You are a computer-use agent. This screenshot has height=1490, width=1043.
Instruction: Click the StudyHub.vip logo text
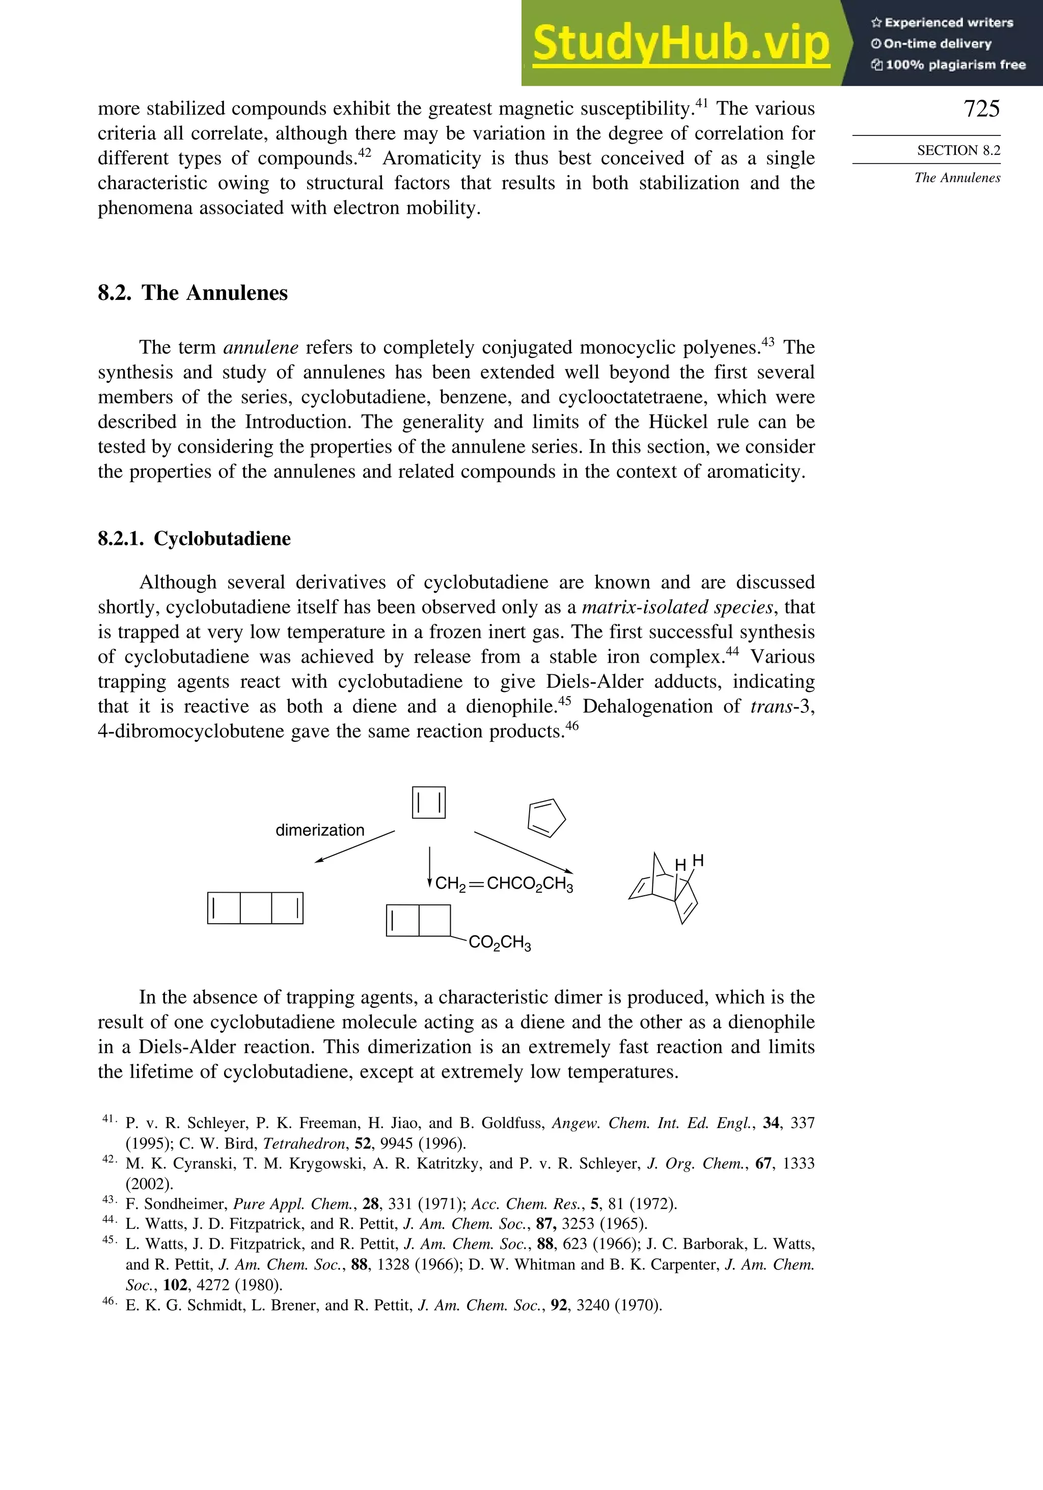click(681, 43)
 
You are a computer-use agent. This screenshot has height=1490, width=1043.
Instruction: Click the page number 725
click(981, 108)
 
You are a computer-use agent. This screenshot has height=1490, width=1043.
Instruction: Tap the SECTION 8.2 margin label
click(958, 151)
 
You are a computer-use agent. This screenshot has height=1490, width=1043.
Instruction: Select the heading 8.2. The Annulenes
click(193, 293)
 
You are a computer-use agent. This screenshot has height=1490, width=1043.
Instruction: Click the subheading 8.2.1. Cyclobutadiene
click(194, 539)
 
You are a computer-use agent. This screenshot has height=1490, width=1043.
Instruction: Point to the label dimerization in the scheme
click(320, 830)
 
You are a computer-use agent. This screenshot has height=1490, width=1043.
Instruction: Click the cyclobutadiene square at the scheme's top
click(428, 803)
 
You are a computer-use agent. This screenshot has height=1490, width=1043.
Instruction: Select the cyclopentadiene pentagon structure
click(546, 817)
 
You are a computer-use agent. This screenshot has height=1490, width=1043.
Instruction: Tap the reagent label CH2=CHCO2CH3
click(504, 884)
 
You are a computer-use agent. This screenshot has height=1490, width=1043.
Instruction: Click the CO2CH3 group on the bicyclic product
click(499, 942)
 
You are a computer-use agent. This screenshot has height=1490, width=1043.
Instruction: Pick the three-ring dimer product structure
click(255, 908)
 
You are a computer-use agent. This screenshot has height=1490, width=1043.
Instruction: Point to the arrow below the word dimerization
click(354, 846)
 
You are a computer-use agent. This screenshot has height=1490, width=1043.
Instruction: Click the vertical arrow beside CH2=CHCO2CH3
click(429, 866)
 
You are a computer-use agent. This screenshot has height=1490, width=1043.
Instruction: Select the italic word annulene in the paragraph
click(260, 348)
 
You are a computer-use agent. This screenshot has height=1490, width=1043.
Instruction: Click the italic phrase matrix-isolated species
click(677, 608)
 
